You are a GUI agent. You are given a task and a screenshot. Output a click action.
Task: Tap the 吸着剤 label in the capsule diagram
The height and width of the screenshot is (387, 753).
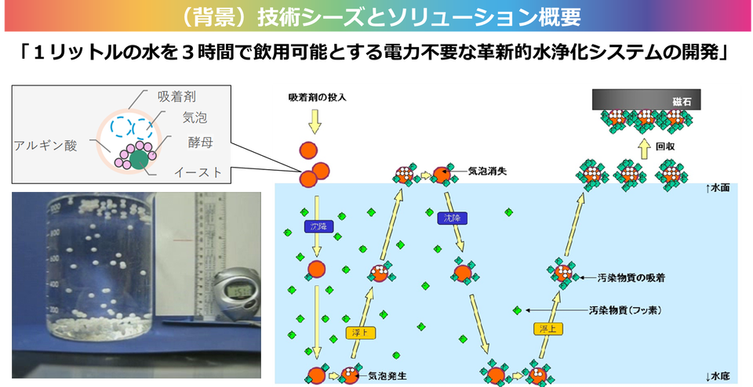[176, 96]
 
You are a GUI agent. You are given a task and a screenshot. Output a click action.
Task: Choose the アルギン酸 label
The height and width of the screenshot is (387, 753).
[45, 145]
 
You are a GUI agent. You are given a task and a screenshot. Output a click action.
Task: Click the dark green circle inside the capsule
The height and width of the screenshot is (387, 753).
[138, 160]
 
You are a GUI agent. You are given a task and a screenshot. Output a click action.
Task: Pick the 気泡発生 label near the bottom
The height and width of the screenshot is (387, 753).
[387, 376]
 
